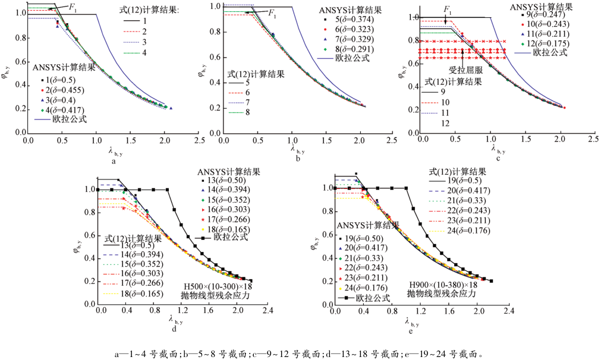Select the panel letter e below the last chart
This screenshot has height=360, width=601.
[x=411, y=331]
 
